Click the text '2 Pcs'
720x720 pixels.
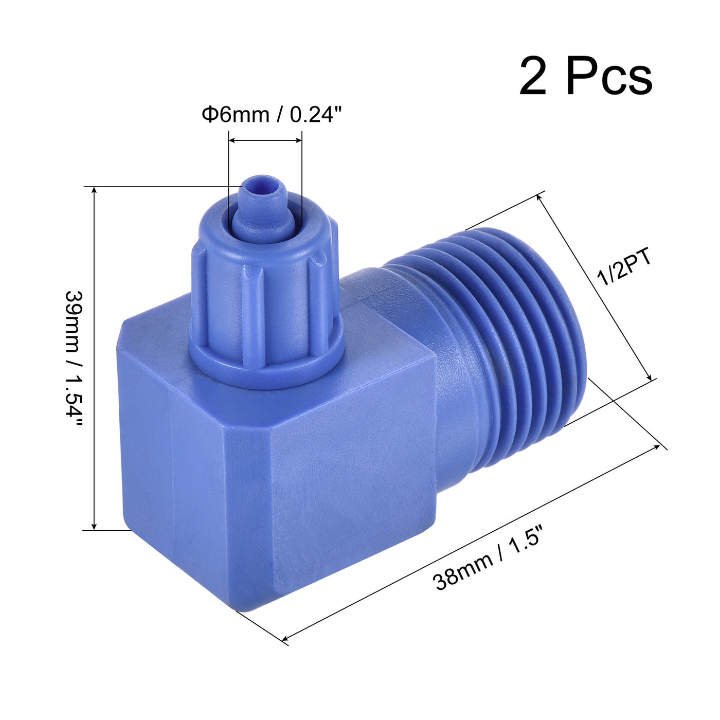585,77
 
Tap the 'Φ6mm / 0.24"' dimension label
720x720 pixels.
272,114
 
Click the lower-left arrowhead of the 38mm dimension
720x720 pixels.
286,638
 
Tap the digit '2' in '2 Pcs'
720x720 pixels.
533,77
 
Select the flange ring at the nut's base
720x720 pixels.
267,360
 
